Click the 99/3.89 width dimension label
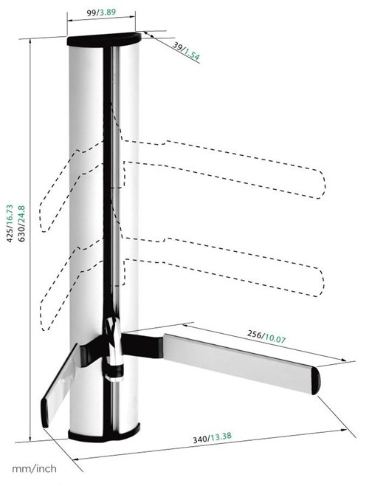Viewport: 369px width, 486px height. [x=101, y=13]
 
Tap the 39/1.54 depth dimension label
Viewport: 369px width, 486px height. [x=186, y=51]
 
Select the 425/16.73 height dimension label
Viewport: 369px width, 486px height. [x=10, y=223]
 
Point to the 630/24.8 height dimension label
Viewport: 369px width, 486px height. [x=21, y=223]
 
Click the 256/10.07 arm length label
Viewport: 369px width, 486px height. [x=266, y=336]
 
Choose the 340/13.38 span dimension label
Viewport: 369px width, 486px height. [x=212, y=438]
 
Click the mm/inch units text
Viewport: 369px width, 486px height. [x=34, y=468]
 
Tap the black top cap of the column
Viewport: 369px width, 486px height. [x=104, y=39]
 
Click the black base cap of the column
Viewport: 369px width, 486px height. [x=104, y=433]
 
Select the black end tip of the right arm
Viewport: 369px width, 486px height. [x=316, y=380]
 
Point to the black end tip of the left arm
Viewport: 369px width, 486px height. [x=44, y=413]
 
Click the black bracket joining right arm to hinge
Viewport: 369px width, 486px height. [x=142, y=345]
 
